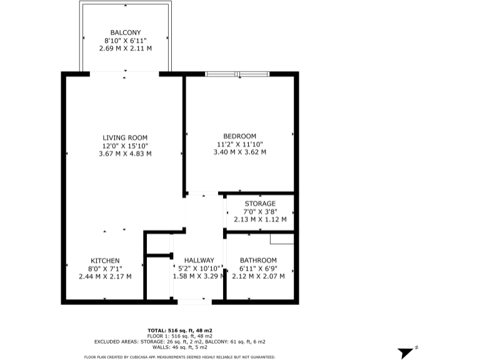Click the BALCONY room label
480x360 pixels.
(x=126, y=32)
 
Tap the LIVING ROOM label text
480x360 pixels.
(x=125, y=137)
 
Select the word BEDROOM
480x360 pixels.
(x=240, y=136)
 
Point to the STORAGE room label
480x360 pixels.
(x=260, y=204)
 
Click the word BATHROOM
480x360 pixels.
(x=258, y=261)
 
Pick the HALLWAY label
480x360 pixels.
(x=199, y=261)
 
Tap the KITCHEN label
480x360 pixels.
(x=105, y=261)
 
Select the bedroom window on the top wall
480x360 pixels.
(x=237, y=74)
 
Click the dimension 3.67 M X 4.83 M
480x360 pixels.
(x=125, y=153)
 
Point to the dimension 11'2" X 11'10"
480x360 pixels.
(x=240, y=144)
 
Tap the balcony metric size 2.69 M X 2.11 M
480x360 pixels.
(x=126, y=48)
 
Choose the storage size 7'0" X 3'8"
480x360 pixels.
(x=260, y=211)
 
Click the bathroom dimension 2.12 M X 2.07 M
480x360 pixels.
(x=258, y=276)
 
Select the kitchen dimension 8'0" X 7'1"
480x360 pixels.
(x=105, y=268)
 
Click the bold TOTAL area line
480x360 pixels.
(x=180, y=329)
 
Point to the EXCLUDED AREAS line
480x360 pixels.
(x=180, y=342)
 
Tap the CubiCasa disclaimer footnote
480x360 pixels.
(x=180, y=357)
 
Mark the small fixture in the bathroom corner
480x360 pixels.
(x=282, y=238)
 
